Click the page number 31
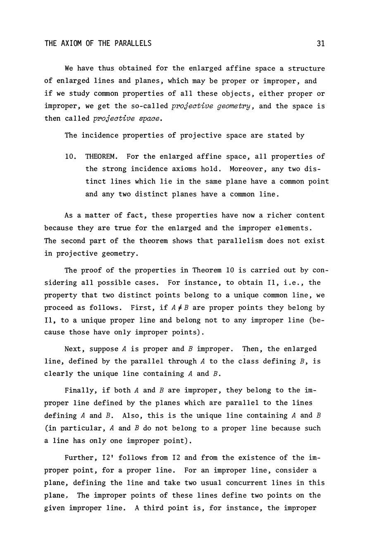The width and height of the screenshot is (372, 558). [x=320, y=43]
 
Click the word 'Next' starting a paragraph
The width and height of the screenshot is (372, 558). [x=73, y=349]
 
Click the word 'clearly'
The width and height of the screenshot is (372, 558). [x=58, y=374]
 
